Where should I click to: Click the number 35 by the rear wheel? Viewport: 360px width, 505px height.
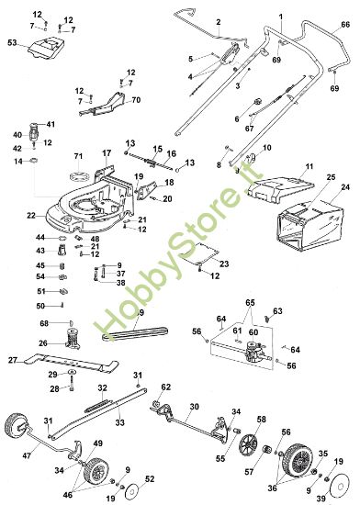(322, 453)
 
